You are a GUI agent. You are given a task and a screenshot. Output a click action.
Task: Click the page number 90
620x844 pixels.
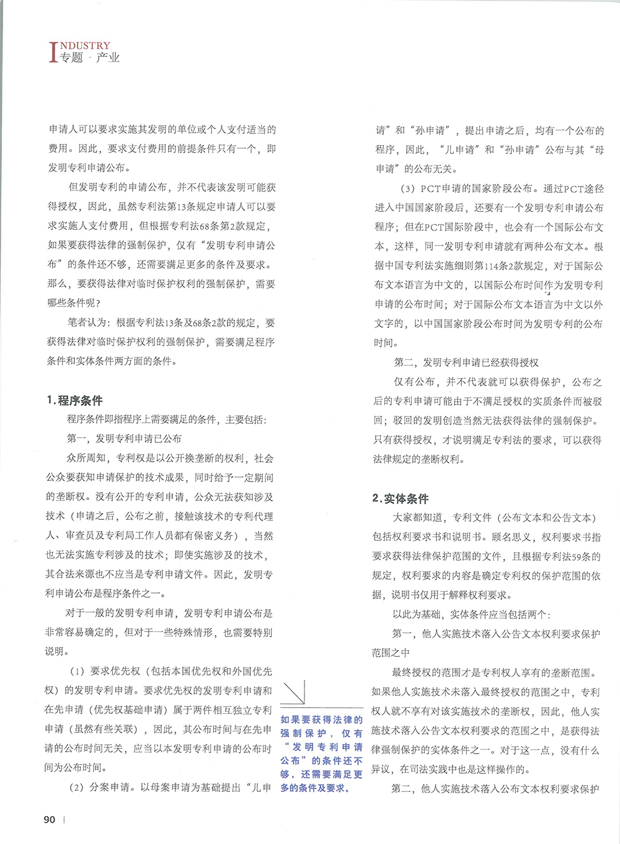point(50,819)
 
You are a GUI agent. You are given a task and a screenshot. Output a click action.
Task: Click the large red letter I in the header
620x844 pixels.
point(53,53)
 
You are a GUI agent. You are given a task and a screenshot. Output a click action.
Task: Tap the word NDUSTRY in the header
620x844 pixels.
point(86,45)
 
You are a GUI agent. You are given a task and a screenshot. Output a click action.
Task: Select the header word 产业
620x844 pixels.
point(107,58)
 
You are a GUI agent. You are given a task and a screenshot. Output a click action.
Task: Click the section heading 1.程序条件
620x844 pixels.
point(74,400)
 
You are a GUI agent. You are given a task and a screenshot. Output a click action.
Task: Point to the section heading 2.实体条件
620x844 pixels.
point(400,498)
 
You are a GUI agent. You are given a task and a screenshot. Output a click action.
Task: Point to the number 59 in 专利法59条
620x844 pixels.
point(560,556)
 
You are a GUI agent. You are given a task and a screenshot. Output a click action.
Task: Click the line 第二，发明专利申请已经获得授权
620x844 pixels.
point(466,363)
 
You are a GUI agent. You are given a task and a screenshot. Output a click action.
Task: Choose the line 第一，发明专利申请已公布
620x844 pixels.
point(124,439)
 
